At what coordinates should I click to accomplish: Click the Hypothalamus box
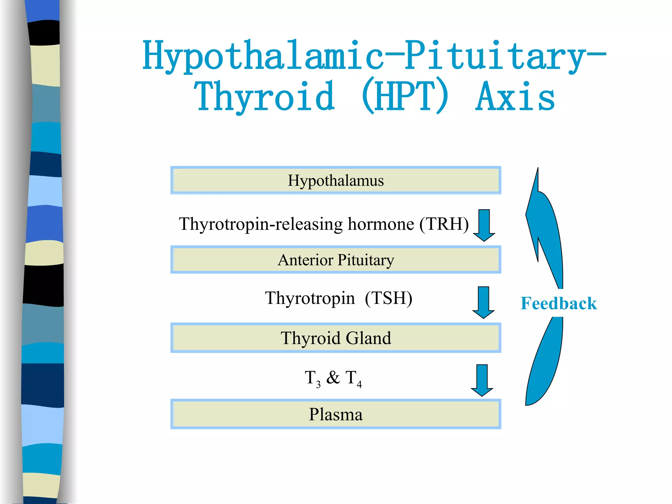coord(336,180)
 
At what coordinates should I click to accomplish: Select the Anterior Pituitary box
coord(336,260)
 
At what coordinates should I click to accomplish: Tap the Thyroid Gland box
coord(336,338)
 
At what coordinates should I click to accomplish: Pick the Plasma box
coord(336,414)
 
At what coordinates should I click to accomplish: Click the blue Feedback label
coord(558,303)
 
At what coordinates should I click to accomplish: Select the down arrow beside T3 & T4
coord(482,380)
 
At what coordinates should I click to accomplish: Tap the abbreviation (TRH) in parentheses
coord(444,224)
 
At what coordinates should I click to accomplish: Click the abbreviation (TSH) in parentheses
coord(388,298)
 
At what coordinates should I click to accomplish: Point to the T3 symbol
coord(312,378)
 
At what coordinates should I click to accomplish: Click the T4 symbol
coord(354,378)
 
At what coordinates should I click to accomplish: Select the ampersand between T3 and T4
coord(333,377)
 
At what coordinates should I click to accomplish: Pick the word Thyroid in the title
coord(264,97)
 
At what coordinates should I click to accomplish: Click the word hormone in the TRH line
coord(381,224)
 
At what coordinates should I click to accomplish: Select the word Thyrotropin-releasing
coord(261,224)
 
